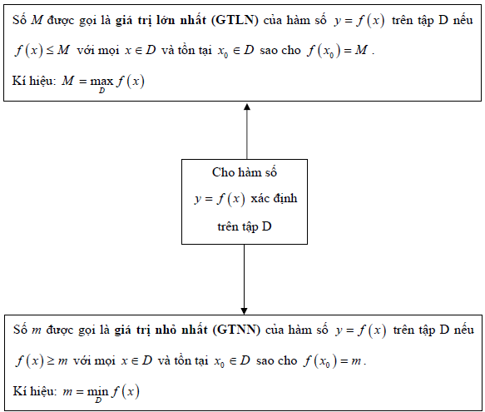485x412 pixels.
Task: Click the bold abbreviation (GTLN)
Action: point(235,21)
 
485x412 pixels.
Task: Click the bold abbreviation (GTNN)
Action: point(236,330)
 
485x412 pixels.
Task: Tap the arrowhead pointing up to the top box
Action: point(247,107)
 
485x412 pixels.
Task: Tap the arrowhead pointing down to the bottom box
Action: point(244,311)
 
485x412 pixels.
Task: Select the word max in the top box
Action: point(101,82)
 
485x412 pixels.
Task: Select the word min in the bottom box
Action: point(97,392)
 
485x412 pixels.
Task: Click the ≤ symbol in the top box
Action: point(50,51)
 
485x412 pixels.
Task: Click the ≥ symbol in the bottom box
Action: point(51,361)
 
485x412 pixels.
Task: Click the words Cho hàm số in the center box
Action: point(245,172)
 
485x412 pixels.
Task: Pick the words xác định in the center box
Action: point(274,198)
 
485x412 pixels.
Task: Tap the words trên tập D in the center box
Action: point(245,227)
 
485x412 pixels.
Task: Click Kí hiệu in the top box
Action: point(34,81)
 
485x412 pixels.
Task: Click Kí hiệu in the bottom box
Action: point(35,391)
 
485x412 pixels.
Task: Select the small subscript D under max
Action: point(101,91)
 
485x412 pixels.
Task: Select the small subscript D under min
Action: point(98,400)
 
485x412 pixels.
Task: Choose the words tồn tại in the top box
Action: point(195,51)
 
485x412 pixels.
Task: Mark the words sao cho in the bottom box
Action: point(276,361)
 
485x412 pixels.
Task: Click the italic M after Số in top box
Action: point(37,21)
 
